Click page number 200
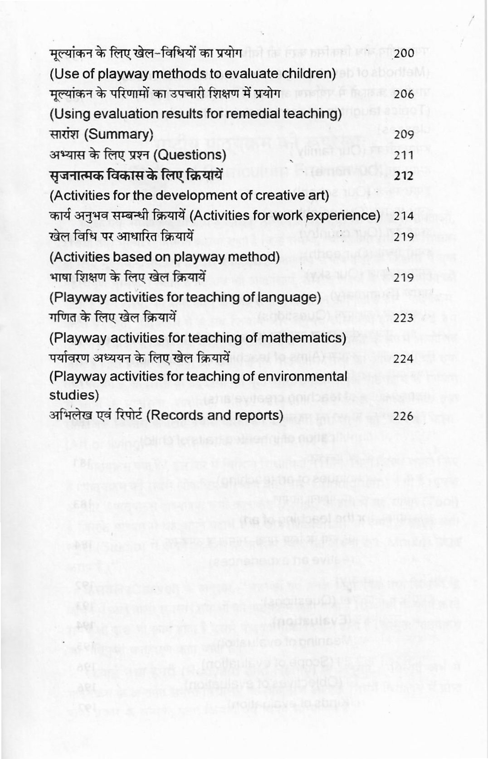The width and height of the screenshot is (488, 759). tap(404, 54)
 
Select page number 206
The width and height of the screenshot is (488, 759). tap(404, 94)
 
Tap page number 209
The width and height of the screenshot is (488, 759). tap(404, 135)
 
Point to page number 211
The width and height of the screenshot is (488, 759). tap(404, 155)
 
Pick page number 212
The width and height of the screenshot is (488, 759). tap(404, 175)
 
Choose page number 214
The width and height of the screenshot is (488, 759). tap(404, 216)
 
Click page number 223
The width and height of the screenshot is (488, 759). tap(404, 318)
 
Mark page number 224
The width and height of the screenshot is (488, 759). tap(404, 359)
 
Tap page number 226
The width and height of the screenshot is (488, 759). tap(404, 416)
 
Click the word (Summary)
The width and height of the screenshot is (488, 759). tap(119, 134)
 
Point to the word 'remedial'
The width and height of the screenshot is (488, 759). tap(259, 114)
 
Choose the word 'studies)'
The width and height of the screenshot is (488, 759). tap(74, 395)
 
